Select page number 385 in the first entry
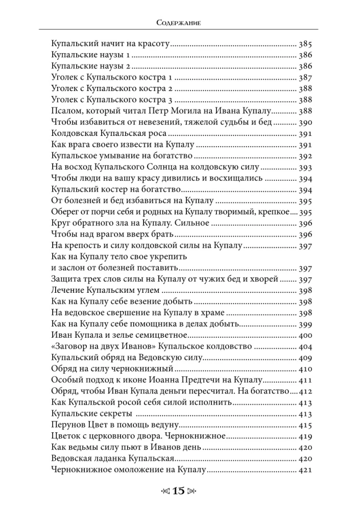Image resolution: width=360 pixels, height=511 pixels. click(x=304, y=44)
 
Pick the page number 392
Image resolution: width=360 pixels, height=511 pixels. click(x=304, y=156)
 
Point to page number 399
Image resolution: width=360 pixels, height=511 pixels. click(x=304, y=324)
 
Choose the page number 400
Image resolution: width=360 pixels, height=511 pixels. click(x=304, y=335)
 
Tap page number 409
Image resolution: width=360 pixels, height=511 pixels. click(x=304, y=357)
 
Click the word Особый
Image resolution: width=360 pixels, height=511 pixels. click(x=67, y=380)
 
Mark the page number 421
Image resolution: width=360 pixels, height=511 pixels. click(x=304, y=469)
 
